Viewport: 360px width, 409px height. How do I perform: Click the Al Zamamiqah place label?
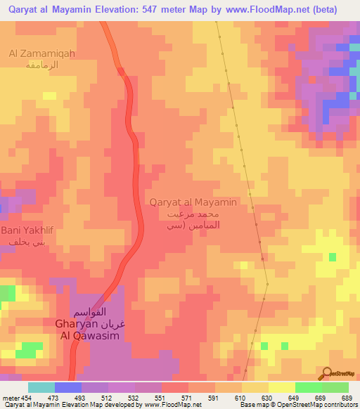click(x=41, y=53)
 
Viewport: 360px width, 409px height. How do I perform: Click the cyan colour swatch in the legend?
click(x=41, y=387)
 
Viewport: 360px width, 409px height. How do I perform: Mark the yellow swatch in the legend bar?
click(x=255, y=387)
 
